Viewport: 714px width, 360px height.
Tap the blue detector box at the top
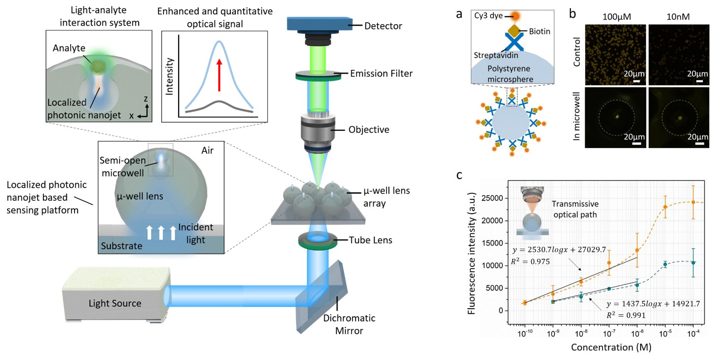(x=318, y=25)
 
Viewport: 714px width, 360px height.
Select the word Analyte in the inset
(x=71, y=48)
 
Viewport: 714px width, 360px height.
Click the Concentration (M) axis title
(x=610, y=347)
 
